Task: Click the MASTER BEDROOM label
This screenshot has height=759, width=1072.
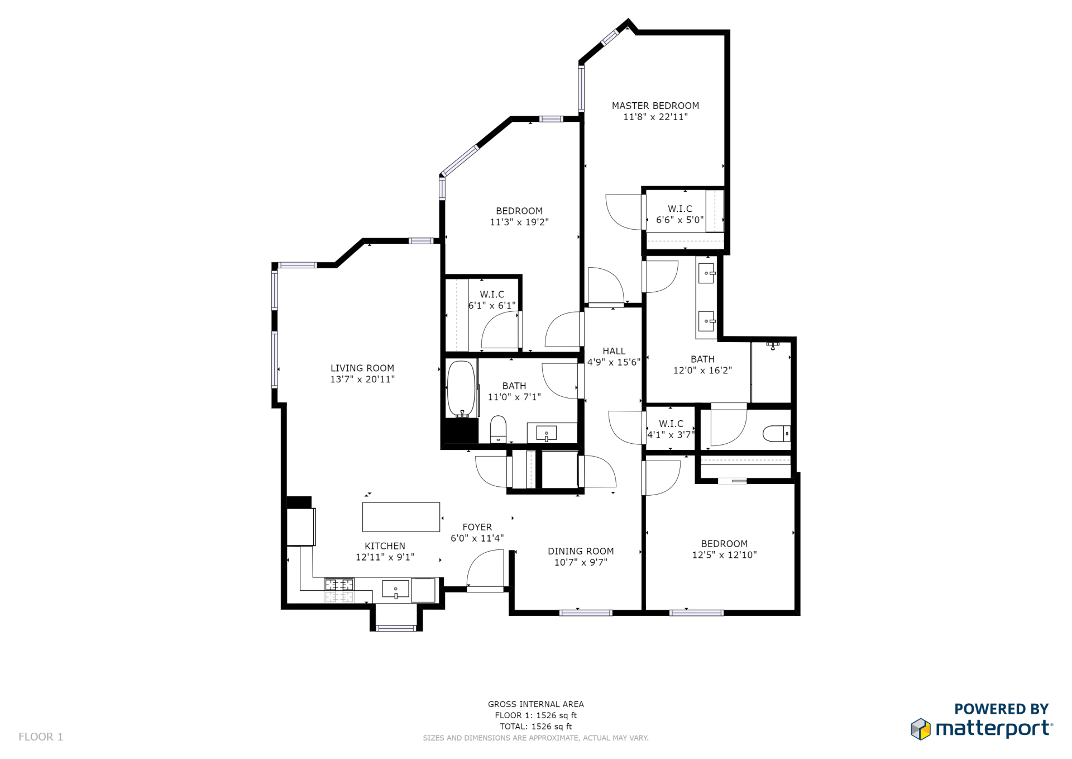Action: (655, 106)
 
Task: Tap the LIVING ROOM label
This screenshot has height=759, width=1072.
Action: (362, 368)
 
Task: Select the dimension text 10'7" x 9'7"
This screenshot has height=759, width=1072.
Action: (581, 562)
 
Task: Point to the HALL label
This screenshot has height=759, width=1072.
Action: (614, 351)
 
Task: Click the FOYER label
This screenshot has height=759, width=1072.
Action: (477, 527)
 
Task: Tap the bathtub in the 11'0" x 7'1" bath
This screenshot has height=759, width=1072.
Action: (461, 388)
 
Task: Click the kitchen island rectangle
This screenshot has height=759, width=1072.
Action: (401, 517)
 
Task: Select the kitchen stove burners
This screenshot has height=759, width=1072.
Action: (339, 585)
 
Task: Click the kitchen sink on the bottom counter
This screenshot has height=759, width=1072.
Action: (395, 589)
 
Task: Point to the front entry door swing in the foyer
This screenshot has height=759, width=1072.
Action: (485, 568)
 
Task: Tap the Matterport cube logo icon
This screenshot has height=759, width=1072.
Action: (921, 729)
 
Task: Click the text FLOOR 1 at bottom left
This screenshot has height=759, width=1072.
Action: (41, 737)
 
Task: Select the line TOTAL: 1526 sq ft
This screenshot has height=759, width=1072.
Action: (536, 727)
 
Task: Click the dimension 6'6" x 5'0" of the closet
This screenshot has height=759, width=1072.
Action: (679, 220)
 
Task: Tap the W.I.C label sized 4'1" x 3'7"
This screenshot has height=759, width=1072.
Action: (671, 424)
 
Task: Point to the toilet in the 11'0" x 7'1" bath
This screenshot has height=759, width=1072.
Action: (498, 429)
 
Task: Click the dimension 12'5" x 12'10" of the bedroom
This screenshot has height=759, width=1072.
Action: (724, 555)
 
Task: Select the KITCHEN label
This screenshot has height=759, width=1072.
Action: (385, 546)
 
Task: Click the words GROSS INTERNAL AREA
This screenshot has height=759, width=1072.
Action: (536, 704)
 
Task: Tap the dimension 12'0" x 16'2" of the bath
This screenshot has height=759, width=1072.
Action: (702, 371)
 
